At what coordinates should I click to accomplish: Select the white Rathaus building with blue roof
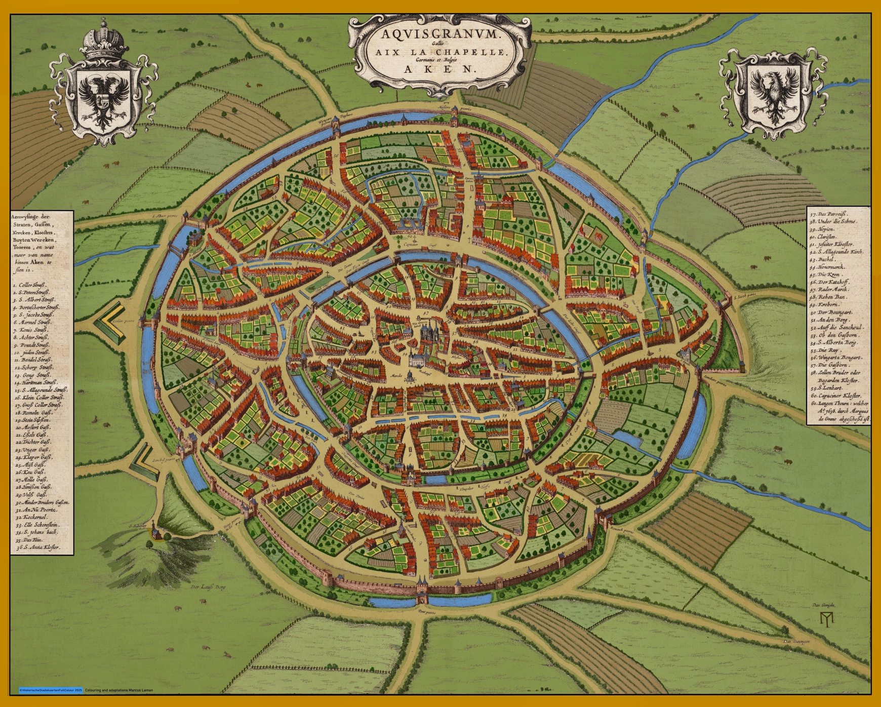point(418,360)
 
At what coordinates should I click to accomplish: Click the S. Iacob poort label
point(744,297)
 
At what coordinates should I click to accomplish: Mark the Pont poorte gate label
point(427,612)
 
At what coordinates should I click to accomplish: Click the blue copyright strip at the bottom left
point(50,690)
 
